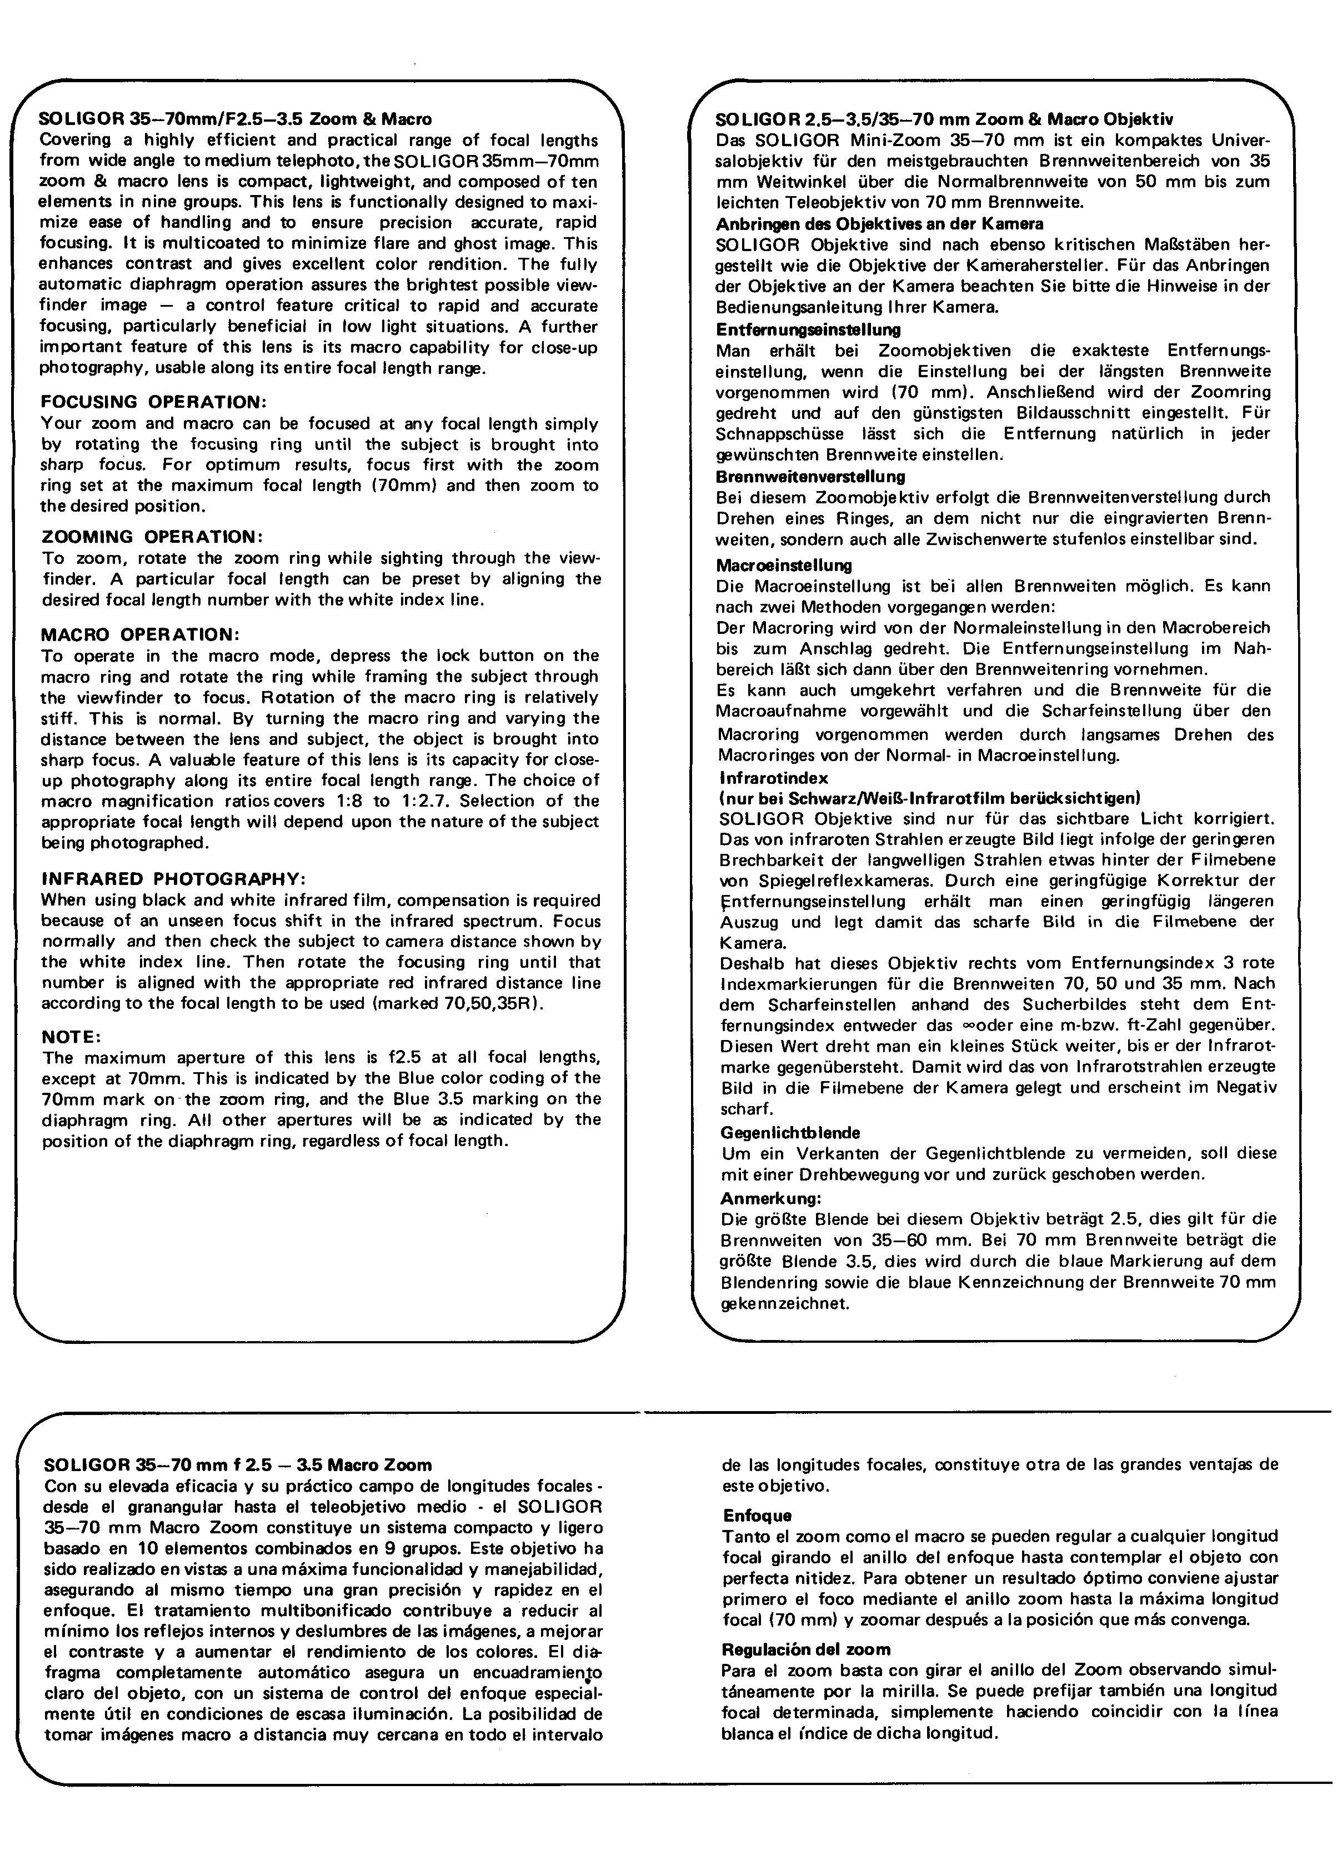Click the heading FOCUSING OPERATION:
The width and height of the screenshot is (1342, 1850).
tap(153, 402)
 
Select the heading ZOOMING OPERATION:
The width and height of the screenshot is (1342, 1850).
tap(153, 537)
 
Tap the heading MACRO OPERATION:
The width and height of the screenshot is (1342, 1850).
tap(141, 634)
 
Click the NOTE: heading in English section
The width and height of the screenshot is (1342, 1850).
tap(71, 1037)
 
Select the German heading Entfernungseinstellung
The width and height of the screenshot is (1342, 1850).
tap(808, 329)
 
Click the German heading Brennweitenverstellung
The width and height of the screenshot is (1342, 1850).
tap(810, 476)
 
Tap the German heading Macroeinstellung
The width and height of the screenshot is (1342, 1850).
tap(783, 566)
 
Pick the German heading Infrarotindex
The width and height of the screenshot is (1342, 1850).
tap(773, 778)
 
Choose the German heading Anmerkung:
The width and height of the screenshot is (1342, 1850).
tap(770, 1198)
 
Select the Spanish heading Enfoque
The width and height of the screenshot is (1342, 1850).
tap(757, 1516)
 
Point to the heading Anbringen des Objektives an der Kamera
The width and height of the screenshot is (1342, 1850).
tap(879, 223)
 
